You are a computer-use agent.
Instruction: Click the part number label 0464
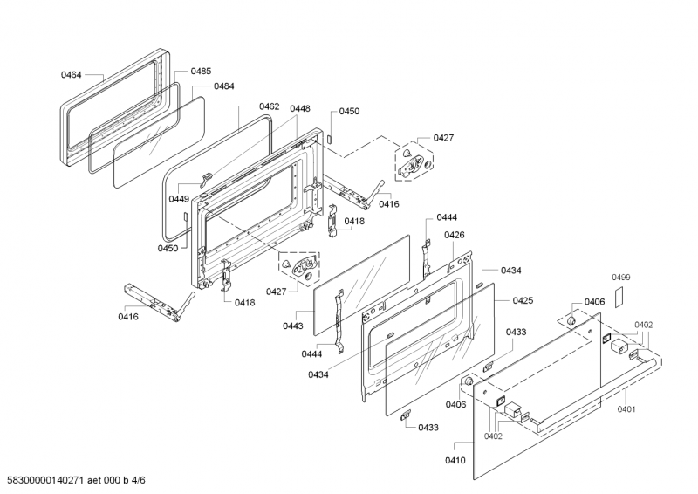tap(72, 76)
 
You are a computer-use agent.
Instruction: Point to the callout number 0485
tap(201, 71)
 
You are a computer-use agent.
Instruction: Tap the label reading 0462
tap(269, 106)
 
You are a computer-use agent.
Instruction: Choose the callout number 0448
tap(300, 108)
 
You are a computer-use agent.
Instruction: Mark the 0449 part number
tap(180, 199)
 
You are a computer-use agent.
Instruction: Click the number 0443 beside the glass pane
tap(293, 326)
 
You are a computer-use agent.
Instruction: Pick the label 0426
tap(454, 235)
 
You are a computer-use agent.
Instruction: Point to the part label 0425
tap(523, 300)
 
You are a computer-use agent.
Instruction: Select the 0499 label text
tap(620, 278)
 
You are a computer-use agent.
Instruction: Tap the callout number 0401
tap(626, 408)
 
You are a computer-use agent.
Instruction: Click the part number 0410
tap(455, 460)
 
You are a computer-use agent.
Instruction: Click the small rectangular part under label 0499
tap(619, 296)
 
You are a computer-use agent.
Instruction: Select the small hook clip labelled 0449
tap(207, 180)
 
